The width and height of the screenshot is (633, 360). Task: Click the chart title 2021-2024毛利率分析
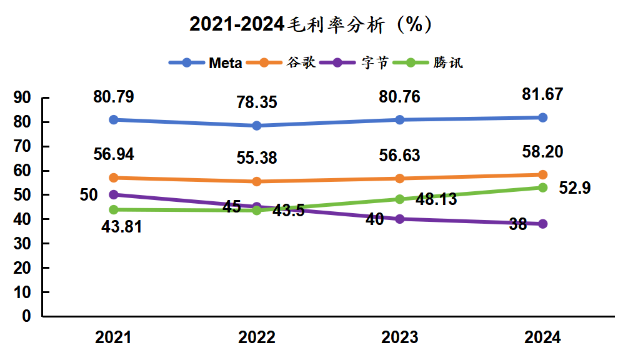point(311,24)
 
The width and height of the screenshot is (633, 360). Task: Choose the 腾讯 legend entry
point(434,62)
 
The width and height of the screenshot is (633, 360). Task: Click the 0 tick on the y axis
point(26,316)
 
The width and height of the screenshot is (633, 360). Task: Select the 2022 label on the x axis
point(257,338)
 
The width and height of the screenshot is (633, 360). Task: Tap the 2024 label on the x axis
point(542,338)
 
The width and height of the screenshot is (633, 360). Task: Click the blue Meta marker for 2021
point(114,119)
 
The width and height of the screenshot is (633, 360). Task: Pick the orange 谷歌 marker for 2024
point(542,174)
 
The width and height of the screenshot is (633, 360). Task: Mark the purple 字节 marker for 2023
point(400,219)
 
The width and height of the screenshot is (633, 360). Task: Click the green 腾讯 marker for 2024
point(542,187)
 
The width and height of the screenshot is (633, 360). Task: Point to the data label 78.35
point(257,102)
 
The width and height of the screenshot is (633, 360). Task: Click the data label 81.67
point(542,94)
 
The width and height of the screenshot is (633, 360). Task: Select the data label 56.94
point(114,154)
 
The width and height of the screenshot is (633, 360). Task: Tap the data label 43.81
point(122,227)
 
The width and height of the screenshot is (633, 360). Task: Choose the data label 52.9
point(575,188)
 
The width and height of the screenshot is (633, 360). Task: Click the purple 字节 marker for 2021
point(114,194)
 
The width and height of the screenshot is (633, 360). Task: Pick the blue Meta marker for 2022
point(257,126)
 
